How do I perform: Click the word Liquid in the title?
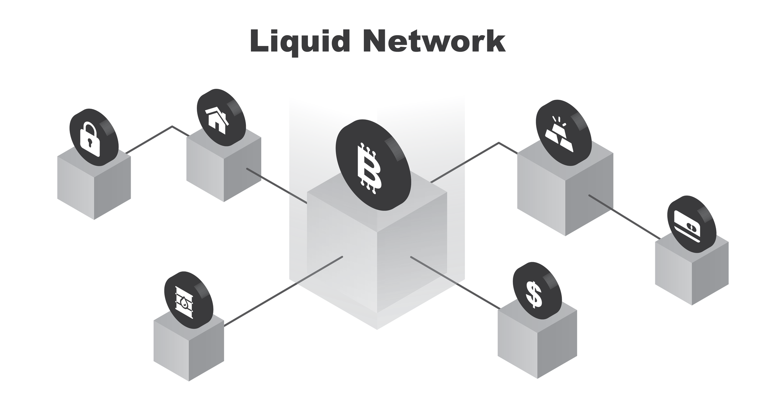coord(300,41)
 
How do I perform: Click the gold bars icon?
coord(559,134)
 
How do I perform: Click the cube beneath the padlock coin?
coord(94,188)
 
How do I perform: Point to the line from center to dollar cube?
coord(456,282)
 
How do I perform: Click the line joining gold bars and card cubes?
coord(624,217)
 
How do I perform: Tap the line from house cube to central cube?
coord(277,186)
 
